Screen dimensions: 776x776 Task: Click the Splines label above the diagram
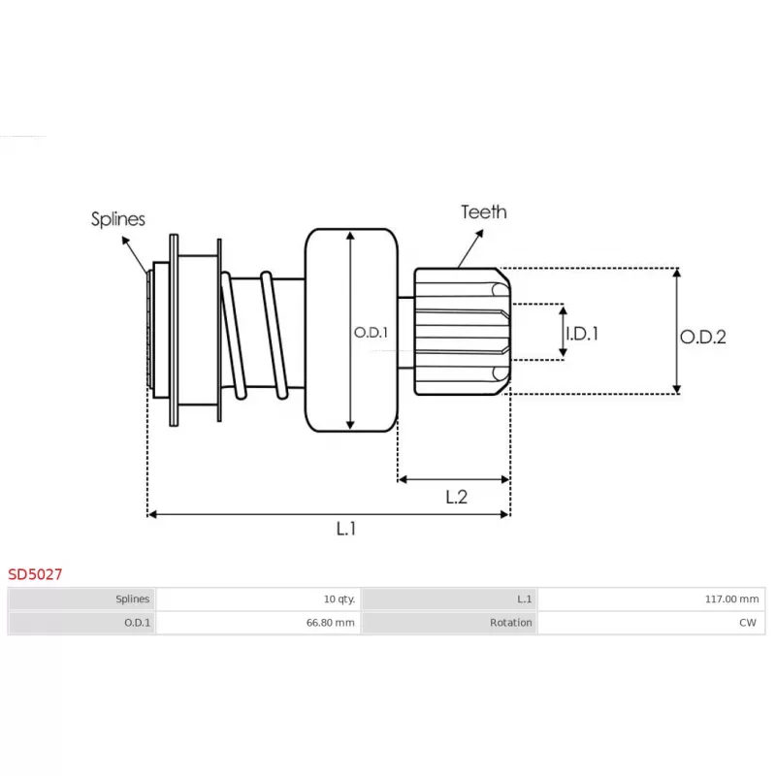(118, 219)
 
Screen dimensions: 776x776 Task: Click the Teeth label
(483, 211)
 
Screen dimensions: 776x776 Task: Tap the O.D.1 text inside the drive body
(371, 332)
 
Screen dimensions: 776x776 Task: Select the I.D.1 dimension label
(582, 333)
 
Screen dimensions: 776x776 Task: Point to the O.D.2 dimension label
(703, 337)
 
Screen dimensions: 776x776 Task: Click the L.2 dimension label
(456, 498)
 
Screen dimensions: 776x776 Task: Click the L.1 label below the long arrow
(346, 529)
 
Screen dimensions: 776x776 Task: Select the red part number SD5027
(36, 574)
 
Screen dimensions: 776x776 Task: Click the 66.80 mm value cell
(330, 623)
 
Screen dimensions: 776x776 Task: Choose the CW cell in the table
(747, 623)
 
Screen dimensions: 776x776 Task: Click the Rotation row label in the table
(510, 623)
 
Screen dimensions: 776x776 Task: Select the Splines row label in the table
(132, 599)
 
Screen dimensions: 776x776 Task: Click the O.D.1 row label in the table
(137, 623)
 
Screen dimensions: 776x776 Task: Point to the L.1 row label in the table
(524, 599)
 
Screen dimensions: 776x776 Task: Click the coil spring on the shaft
(254, 335)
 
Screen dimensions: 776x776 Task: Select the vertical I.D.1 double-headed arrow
(563, 332)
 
